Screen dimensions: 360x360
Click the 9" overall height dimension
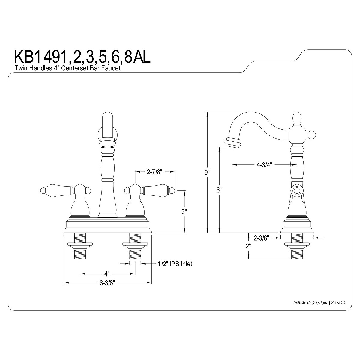tap(206, 172)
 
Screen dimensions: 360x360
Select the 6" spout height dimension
tap(219, 190)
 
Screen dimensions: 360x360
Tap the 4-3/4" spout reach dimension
tap(264, 165)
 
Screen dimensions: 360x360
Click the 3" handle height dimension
tap(184, 211)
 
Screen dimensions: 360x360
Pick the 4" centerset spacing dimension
tap(106, 274)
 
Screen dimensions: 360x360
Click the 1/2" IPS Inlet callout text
tap(175, 264)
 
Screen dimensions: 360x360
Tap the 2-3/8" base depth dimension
tap(261, 238)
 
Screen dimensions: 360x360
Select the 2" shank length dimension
tap(248, 246)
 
